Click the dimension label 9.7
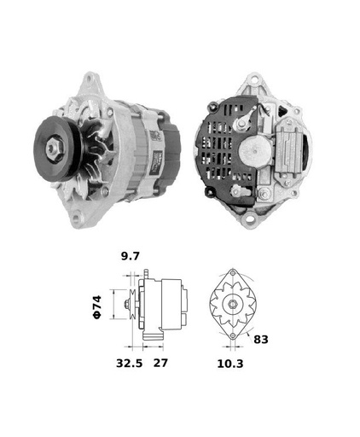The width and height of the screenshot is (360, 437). point(131,256)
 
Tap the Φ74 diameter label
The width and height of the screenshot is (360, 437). point(97,307)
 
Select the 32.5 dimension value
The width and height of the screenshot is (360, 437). point(129,363)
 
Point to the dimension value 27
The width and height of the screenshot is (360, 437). point(160,363)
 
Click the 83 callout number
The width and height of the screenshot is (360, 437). point(261,339)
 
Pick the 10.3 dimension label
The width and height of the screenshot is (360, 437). point(230,364)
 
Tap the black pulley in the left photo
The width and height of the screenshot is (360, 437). point(57,149)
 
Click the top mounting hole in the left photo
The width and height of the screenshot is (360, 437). point(90,78)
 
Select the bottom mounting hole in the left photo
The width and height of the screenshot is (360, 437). point(76,218)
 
